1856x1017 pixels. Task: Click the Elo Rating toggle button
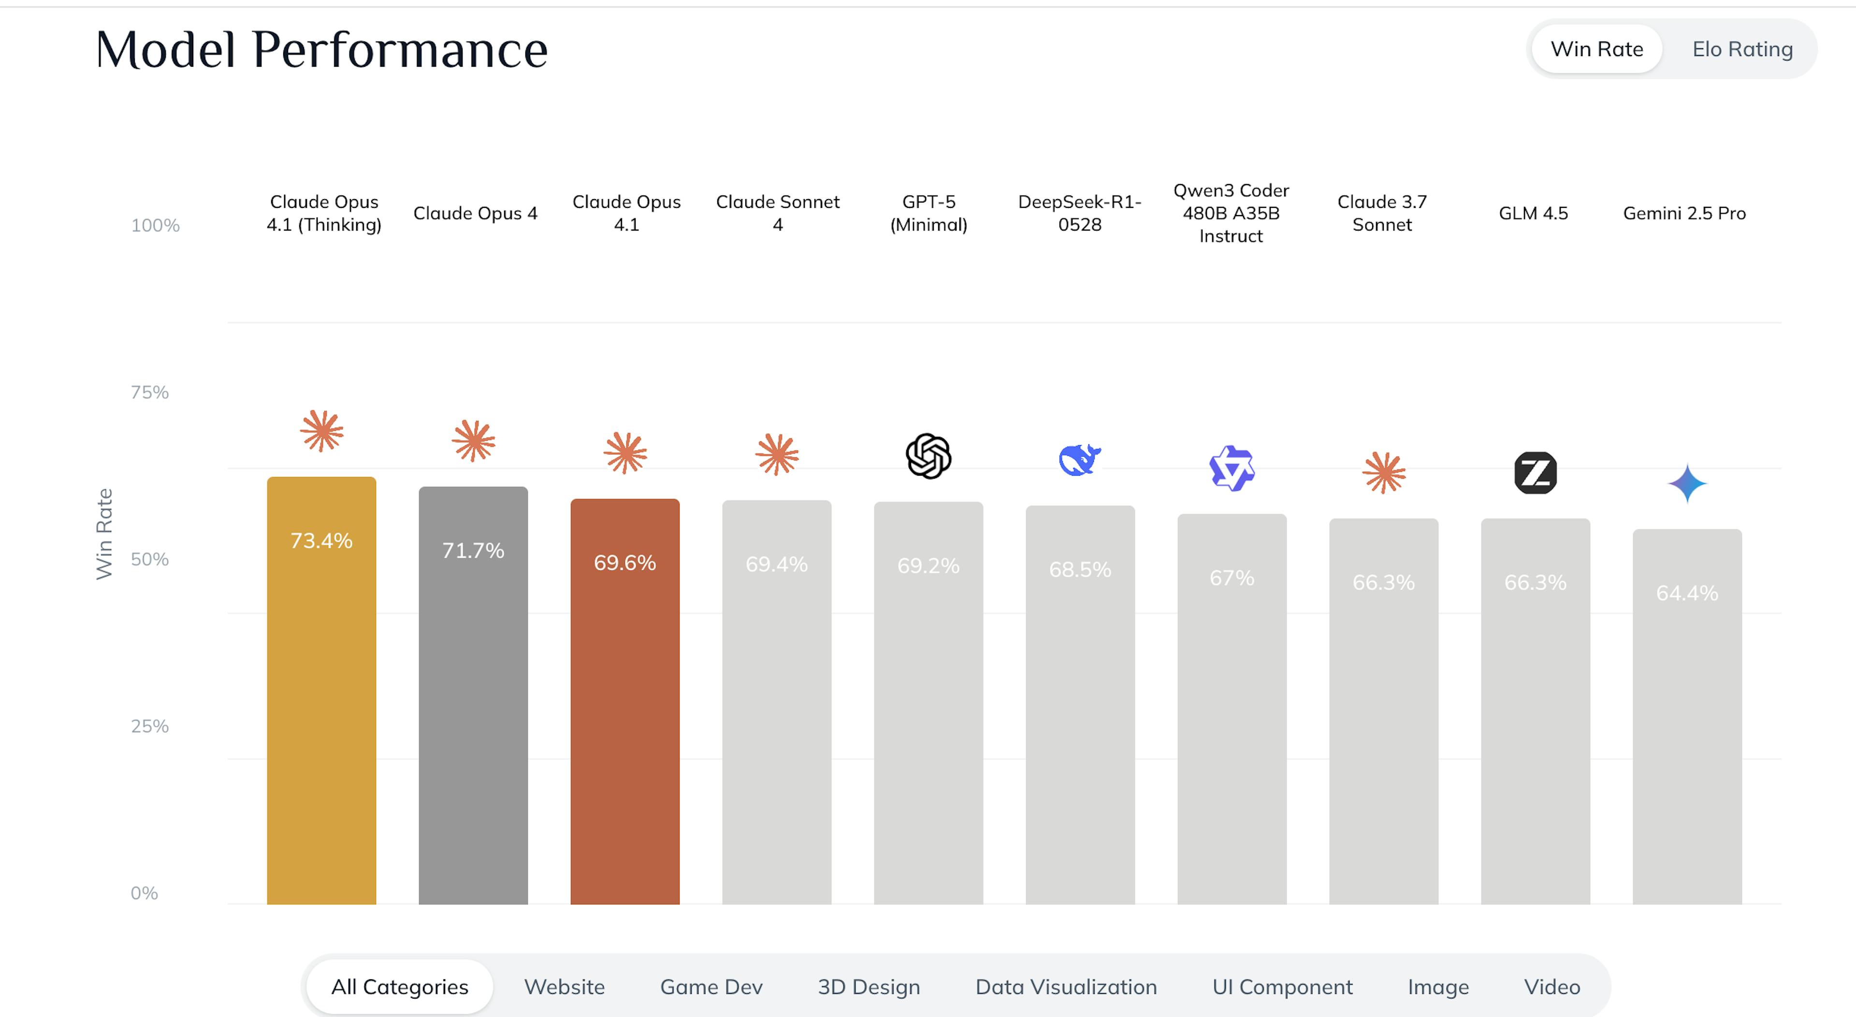coord(1741,49)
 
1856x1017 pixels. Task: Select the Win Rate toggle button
coord(1596,49)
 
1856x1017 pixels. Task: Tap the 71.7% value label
coord(473,551)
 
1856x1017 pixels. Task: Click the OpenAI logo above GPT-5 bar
coord(928,456)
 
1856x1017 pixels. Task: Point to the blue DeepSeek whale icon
coord(1079,460)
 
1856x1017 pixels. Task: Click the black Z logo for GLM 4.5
coord(1536,473)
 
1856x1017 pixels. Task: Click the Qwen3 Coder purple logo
coord(1232,468)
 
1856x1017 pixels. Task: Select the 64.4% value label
coord(1687,593)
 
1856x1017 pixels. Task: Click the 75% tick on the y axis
coord(150,392)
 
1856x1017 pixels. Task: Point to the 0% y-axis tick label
coord(144,893)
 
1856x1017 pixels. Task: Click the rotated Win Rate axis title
coord(104,533)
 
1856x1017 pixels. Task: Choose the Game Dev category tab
coord(711,987)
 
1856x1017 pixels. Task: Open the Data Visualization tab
coord(1066,987)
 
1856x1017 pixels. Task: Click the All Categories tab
coord(400,987)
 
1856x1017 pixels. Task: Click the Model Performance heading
coord(321,50)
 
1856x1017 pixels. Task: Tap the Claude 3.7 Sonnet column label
coord(1382,213)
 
